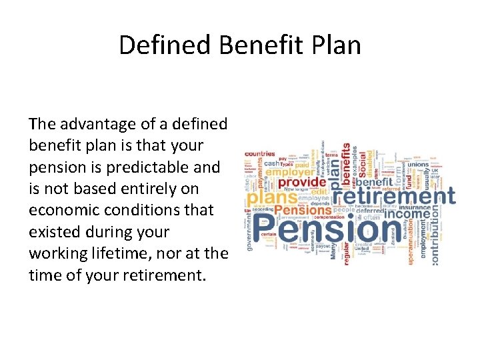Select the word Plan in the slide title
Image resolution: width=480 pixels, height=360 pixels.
335,45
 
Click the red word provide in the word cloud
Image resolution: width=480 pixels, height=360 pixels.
302,181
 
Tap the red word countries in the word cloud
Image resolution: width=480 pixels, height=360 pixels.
261,153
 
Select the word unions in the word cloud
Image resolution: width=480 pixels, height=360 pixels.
418,164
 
